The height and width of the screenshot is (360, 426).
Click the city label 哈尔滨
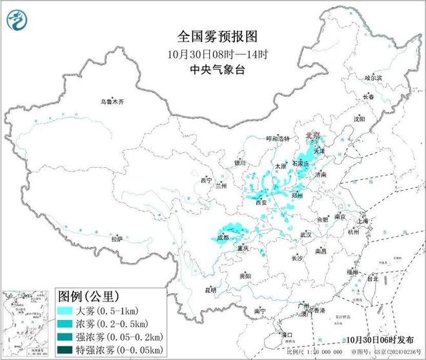click(x=373, y=77)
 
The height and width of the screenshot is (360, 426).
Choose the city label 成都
click(x=223, y=238)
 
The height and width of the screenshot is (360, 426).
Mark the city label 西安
click(x=261, y=202)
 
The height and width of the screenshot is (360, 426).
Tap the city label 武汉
click(x=305, y=234)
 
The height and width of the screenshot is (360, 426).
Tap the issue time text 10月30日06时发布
click(x=376, y=340)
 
